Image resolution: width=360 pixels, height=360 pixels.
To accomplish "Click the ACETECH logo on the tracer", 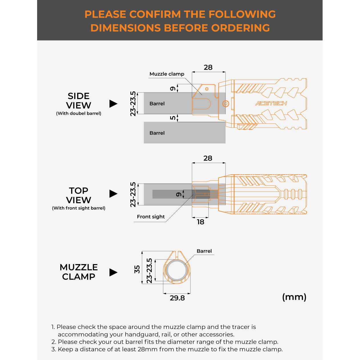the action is [271, 103].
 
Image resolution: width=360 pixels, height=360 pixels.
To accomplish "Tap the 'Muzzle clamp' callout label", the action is [167, 74].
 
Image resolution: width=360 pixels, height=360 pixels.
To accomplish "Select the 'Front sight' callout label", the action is [151, 217].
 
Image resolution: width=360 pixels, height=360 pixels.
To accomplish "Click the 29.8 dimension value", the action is [177, 298].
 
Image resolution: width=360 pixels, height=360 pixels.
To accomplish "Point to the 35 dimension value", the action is [137, 270].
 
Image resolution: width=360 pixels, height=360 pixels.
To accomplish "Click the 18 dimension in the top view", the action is [200, 222].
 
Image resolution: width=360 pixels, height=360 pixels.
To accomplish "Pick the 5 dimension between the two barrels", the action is [173, 118].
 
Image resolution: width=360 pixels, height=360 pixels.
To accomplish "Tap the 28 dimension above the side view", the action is [208, 67].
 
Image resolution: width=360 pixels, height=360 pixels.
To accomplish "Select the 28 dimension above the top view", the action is [208, 158].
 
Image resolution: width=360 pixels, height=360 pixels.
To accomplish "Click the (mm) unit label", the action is [294, 297].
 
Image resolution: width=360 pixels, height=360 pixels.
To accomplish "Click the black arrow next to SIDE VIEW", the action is [113, 104].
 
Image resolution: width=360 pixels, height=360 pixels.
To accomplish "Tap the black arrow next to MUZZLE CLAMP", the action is [113, 272].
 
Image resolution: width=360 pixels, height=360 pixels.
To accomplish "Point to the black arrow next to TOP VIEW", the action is [113, 194].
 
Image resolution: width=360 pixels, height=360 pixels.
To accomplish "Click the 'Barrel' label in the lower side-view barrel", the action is [157, 133].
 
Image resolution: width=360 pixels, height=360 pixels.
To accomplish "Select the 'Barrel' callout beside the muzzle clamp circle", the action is [204, 251].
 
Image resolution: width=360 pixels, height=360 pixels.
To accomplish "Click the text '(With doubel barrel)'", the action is [79, 113].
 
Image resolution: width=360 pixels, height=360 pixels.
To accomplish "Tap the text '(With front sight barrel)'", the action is [79, 208].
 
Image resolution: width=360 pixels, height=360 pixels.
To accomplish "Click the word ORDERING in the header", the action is [241, 28].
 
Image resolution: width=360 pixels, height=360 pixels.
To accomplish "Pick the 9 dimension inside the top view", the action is [179, 194].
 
